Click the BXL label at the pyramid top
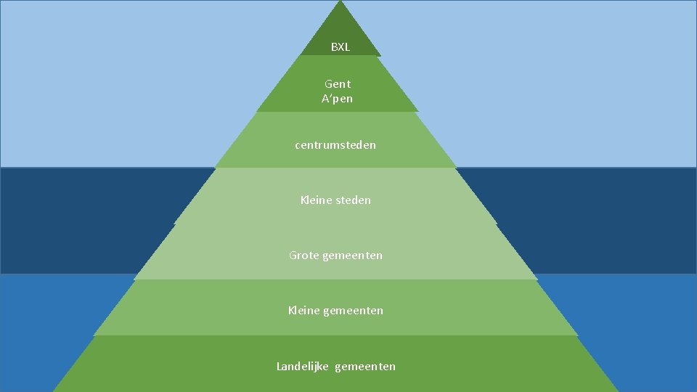340,47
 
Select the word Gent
338,84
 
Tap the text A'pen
337,99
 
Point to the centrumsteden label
335,145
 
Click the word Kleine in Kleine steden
316,200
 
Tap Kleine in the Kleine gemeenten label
303,311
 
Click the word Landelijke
303,367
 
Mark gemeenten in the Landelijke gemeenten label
365,367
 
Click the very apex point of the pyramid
340,2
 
